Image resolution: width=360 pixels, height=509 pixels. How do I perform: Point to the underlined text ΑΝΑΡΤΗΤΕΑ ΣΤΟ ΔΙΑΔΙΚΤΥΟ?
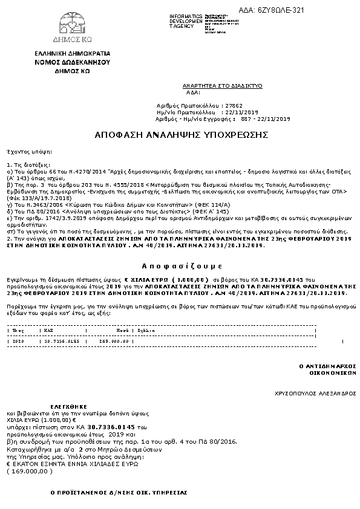coord(222,86)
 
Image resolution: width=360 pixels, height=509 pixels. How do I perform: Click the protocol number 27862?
coord(233,105)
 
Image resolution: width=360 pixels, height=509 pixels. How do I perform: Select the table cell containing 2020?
coord(18,342)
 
